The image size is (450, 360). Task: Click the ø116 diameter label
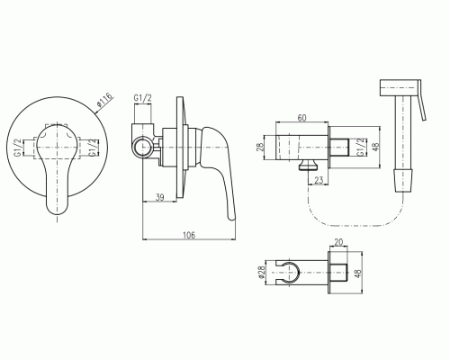pyautogui.click(x=104, y=100)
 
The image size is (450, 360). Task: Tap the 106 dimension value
pyautogui.click(x=189, y=235)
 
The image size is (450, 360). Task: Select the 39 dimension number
pyautogui.click(x=160, y=197)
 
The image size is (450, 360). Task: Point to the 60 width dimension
pyautogui.click(x=301, y=118)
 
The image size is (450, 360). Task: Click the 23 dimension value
pyautogui.click(x=319, y=180)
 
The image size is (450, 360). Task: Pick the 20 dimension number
pyautogui.click(x=338, y=242)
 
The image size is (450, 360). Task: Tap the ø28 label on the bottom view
pyautogui.click(x=262, y=272)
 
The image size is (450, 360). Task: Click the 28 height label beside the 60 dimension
pyautogui.click(x=260, y=147)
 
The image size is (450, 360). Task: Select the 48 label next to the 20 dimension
pyautogui.click(x=358, y=273)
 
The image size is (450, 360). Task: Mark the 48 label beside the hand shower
pyautogui.click(x=375, y=147)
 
